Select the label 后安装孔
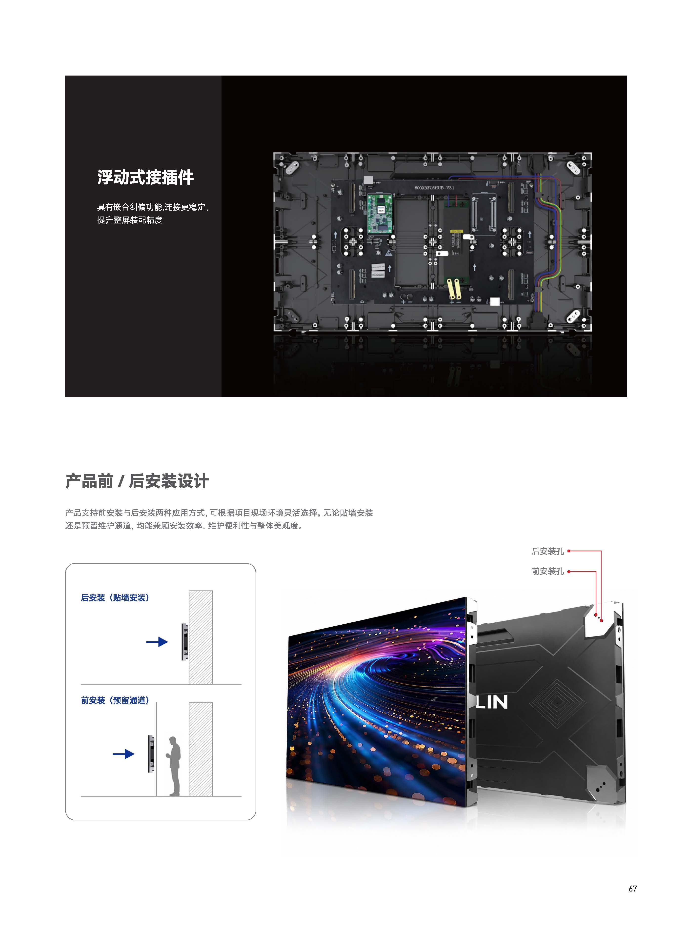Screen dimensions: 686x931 point(547,551)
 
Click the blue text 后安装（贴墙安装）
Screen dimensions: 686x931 point(115,598)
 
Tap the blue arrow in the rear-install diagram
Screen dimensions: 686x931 point(157,642)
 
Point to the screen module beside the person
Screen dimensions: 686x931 point(151,754)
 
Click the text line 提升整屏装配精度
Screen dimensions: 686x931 point(130,220)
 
